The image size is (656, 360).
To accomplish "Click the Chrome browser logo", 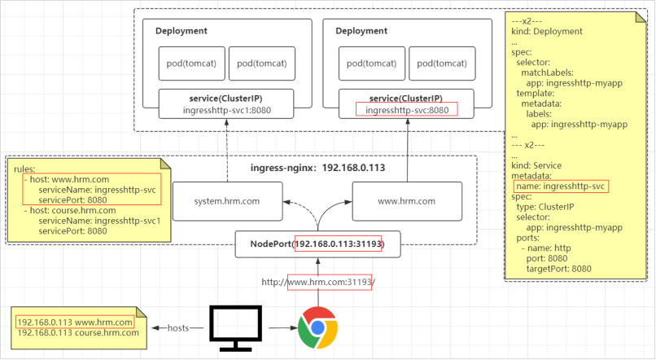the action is point(318,327).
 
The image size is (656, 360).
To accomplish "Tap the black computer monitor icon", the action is point(235,328).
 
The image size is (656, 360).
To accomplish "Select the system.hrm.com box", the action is point(228,201).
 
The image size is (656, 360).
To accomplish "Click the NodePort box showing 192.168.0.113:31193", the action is point(318,244).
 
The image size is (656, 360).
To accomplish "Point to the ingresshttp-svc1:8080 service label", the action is point(227,110).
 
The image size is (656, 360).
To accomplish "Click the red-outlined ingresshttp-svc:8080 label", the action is point(407,110).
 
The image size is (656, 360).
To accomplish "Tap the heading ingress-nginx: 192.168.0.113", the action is point(317,168).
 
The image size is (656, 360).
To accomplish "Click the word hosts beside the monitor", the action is point(178,327).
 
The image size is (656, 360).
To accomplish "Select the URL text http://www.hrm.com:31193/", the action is point(318,282).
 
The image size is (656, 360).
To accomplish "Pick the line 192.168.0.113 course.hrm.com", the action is point(78,333).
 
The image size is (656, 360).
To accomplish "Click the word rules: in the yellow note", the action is point(24,169).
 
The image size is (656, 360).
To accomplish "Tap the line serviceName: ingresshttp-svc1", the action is point(99,221).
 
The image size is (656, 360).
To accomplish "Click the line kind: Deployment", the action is point(547,32).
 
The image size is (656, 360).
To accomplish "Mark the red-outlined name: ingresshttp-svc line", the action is point(561,187).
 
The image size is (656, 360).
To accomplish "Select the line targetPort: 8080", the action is point(559,269).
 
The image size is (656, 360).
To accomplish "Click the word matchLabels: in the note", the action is point(547,72).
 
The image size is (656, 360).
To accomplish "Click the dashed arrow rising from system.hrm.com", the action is point(227,151).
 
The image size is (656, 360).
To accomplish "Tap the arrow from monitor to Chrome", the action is point(283,327).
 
